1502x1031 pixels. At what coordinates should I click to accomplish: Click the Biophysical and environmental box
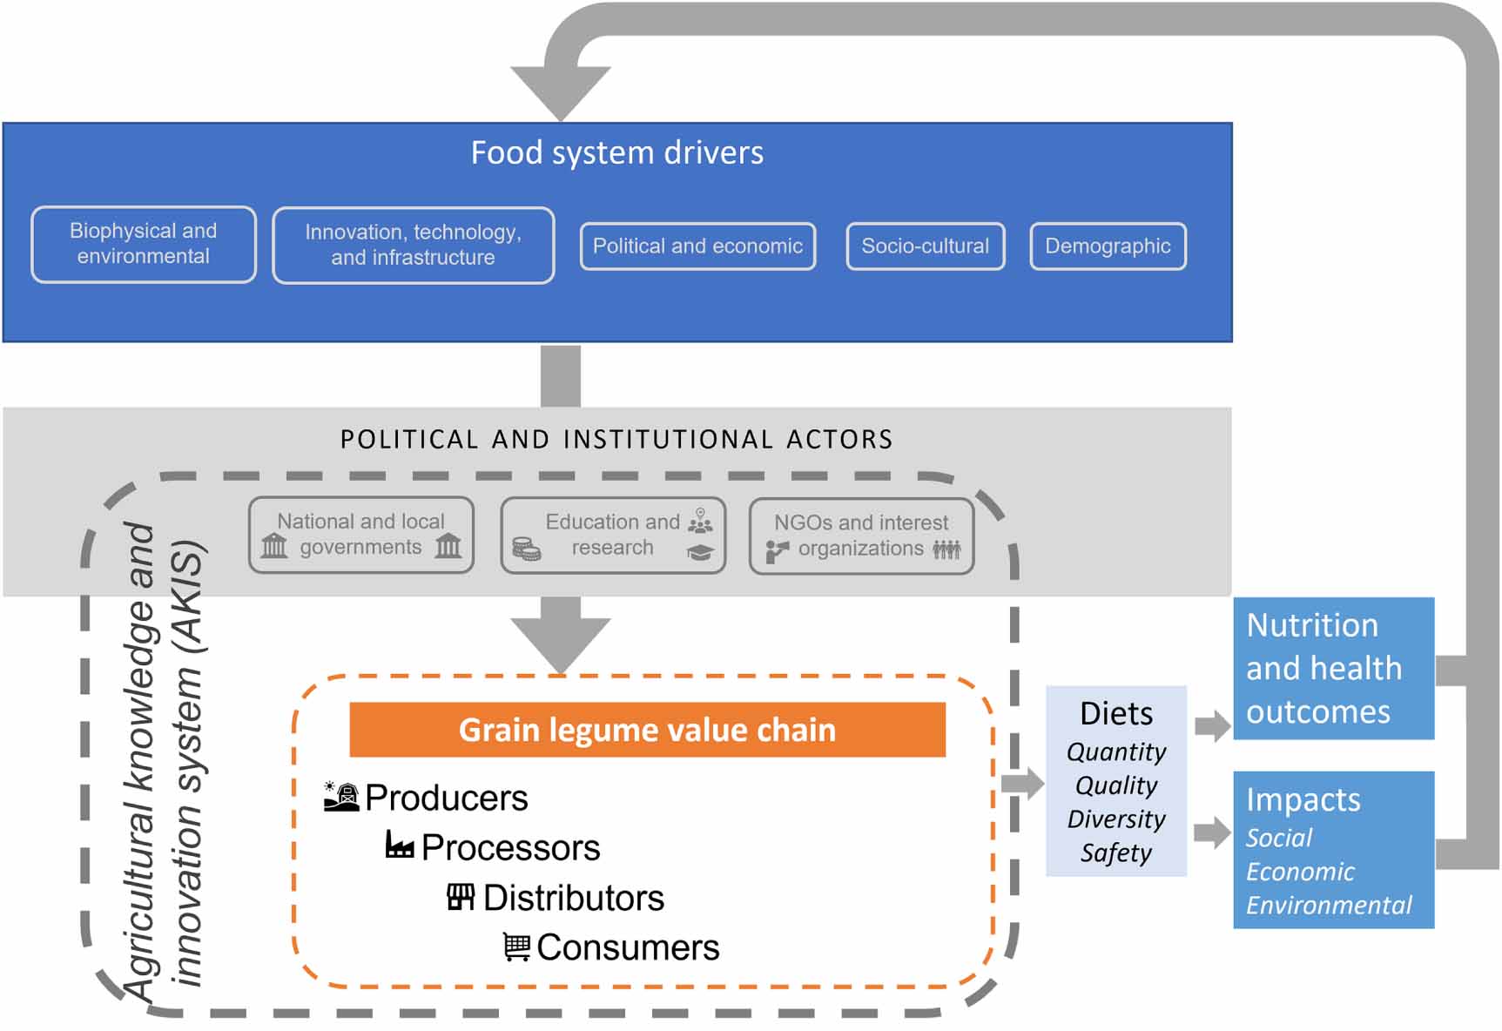pos(144,244)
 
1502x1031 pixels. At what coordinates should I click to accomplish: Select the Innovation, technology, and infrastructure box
pos(413,246)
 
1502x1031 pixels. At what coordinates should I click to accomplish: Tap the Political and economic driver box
pos(697,246)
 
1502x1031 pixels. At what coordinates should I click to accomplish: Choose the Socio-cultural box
pos(925,246)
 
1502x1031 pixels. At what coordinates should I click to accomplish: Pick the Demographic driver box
pos(1108,246)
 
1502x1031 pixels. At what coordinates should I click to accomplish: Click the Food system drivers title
pos(616,153)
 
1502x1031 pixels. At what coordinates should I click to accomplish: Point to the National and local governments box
pos(360,535)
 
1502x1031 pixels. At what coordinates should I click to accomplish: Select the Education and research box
pos(613,535)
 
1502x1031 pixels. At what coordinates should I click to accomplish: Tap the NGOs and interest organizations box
pos(861,536)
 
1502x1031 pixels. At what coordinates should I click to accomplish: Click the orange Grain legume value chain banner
pos(647,730)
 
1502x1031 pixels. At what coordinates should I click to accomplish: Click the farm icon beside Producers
pos(341,797)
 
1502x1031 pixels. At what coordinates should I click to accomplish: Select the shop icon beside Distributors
pos(461,897)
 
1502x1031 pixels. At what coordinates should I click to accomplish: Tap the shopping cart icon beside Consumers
pos(516,947)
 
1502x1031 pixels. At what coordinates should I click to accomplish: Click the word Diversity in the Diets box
pos(1116,819)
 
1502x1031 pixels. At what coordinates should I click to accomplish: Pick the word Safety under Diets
pos(1116,853)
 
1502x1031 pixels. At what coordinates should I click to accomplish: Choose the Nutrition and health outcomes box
pos(1333,669)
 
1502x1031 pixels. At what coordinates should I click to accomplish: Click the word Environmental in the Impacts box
pos(1329,906)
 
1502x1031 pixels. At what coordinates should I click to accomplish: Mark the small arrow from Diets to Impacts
pos(1211,832)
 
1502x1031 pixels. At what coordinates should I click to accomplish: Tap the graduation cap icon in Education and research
pos(700,553)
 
